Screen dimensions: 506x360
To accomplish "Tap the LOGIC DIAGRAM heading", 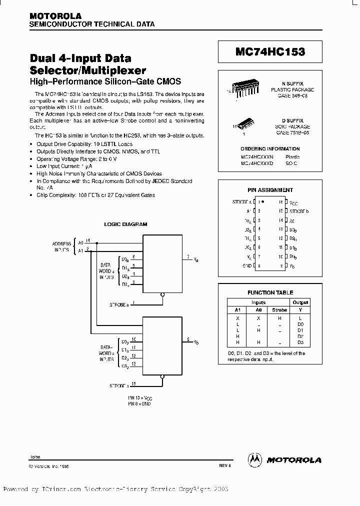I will (125, 224).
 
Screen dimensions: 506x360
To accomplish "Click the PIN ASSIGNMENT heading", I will (270, 190).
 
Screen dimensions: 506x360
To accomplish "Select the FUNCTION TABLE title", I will (270, 292).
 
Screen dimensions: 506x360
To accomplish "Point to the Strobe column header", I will (279, 310).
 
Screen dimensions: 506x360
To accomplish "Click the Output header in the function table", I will (300, 302).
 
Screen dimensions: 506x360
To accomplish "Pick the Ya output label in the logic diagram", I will (196, 260).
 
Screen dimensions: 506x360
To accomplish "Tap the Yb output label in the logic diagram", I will (196, 342).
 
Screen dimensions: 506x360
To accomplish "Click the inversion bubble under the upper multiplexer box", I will (162, 295).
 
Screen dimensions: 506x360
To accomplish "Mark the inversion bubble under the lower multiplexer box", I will (162, 377).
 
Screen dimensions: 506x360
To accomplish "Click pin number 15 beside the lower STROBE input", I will (134, 383).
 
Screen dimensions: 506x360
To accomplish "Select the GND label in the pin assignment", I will (247, 265).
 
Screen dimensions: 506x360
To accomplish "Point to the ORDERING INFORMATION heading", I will (270, 149).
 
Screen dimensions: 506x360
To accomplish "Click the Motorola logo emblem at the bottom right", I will (255, 459).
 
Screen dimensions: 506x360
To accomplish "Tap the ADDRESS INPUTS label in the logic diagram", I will (61, 245).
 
